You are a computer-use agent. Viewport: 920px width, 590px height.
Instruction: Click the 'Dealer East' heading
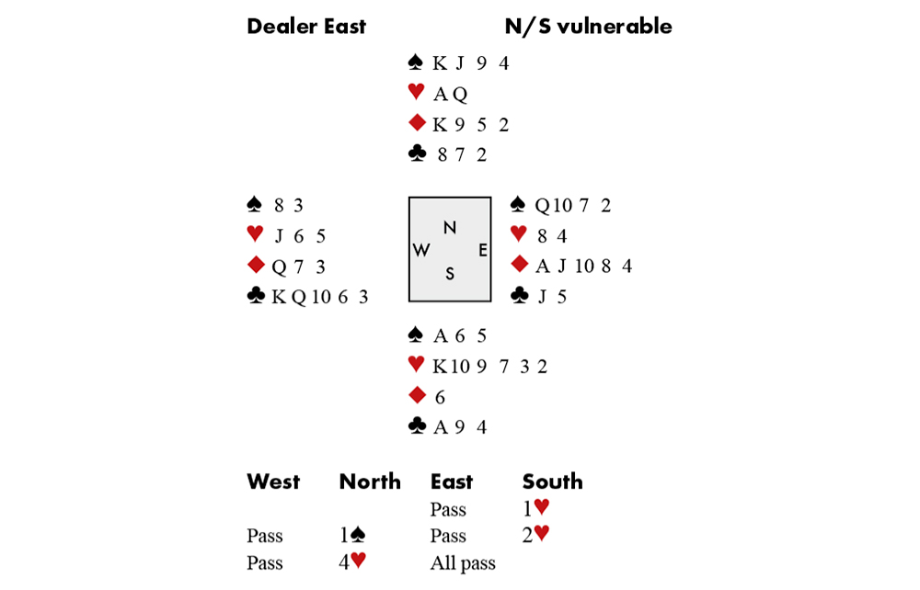[305, 27]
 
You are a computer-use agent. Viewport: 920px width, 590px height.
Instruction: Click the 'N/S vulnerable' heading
[588, 27]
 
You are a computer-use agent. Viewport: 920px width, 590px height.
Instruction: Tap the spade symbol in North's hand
[415, 63]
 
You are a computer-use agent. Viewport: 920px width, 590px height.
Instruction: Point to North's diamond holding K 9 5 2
[470, 125]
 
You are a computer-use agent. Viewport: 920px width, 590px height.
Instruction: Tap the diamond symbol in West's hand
[256, 267]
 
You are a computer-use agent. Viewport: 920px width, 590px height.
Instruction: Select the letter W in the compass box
[422, 250]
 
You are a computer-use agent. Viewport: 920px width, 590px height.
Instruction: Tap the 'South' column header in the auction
[552, 482]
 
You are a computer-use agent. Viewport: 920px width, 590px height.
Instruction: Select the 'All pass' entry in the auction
[462, 562]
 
